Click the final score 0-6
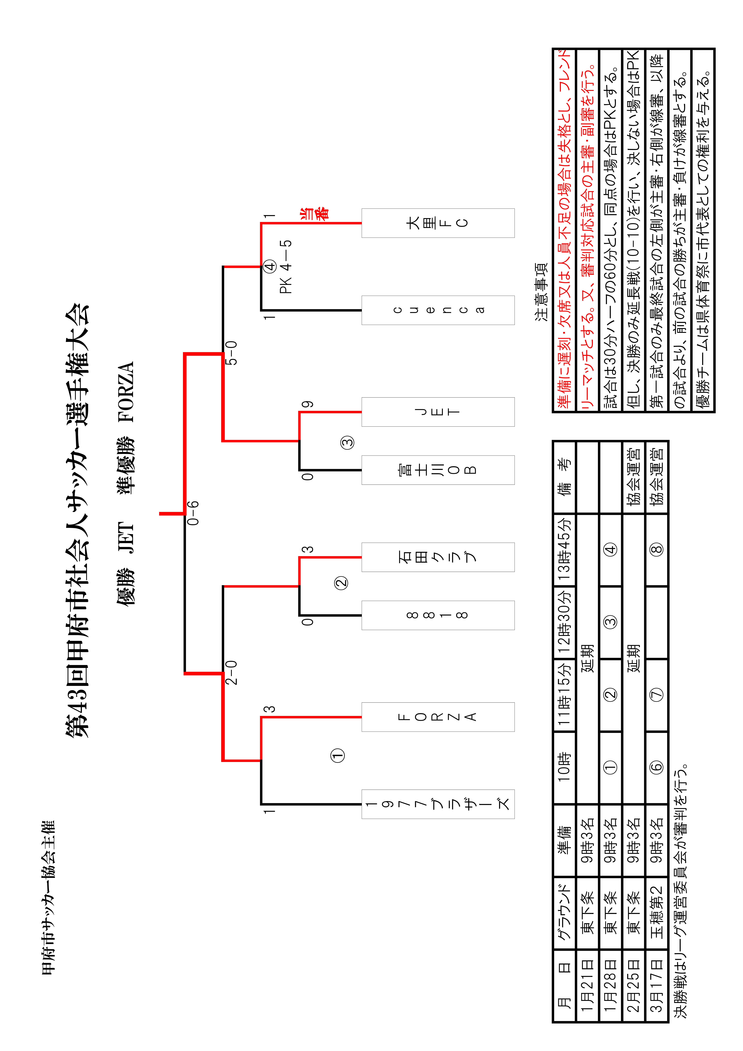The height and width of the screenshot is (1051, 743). click(x=194, y=513)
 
